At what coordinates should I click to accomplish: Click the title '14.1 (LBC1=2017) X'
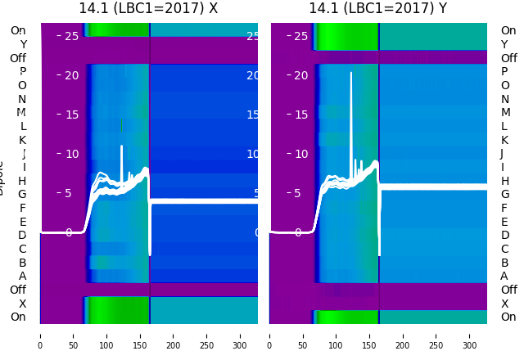coord(148,8)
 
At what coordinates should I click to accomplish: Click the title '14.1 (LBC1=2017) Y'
coord(378,8)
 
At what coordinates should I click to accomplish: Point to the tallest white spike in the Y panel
coord(351,74)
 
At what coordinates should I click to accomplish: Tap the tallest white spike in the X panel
coord(122,147)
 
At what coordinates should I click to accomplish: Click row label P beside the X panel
coord(22,72)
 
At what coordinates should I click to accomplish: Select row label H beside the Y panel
coord(504,181)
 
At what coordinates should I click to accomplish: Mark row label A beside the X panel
coord(22,277)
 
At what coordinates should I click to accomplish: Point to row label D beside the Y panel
coord(504,236)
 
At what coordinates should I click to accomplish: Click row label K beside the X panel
coord(22,140)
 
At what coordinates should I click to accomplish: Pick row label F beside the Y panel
coord(504,208)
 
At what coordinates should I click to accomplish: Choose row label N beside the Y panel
coord(504,99)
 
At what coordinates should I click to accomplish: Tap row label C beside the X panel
coord(22,249)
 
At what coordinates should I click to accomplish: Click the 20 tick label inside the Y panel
coord(301,75)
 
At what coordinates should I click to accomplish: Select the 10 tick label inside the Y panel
coord(301,154)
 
